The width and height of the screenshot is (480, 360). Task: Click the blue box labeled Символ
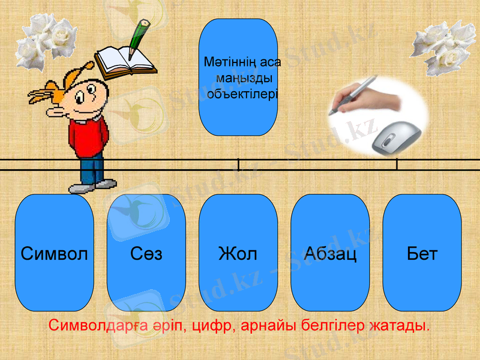pos(54,253)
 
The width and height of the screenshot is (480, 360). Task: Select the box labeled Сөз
pos(146,253)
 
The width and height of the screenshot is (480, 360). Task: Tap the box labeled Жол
pos(238,253)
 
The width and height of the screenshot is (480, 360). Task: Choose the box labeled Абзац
pos(330,253)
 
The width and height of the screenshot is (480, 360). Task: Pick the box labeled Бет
pos(422,253)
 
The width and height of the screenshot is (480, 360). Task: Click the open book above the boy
pos(124,61)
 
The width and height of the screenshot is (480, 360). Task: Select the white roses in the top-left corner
pos(45,38)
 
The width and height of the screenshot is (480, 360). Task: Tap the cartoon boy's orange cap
pos(66,81)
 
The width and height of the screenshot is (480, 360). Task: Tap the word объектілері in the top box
pos(242,94)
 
